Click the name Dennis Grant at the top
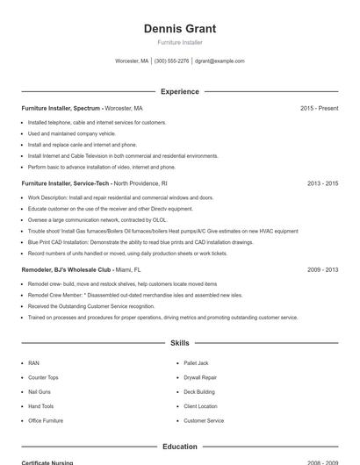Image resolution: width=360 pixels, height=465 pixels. pyautogui.click(x=179, y=28)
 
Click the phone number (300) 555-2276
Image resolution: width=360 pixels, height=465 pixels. pyautogui.click(x=171, y=61)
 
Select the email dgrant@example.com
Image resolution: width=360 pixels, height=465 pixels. pyautogui.click(x=220, y=61)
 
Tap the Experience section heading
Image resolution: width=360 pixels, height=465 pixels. pyautogui.click(x=179, y=91)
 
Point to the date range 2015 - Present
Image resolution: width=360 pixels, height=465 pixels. pyautogui.click(x=319, y=108)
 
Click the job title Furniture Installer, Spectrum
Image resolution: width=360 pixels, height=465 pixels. pyautogui.click(x=61, y=108)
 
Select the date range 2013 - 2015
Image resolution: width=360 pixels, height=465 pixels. pyautogui.click(x=322, y=183)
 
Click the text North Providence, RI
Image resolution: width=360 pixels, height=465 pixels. pyautogui.click(x=140, y=183)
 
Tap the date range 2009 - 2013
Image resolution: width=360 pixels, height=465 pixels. pyautogui.click(x=322, y=270)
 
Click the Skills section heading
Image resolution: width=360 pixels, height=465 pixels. pyautogui.click(x=179, y=343)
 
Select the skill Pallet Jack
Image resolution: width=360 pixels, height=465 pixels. pyautogui.click(x=196, y=362)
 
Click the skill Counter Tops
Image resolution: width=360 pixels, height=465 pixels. pyautogui.click(x=43, y=377)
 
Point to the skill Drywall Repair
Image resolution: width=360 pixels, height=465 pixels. pyautogui.click(x=200, y=377)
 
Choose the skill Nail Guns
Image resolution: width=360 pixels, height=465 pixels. pyautogui.click(x=40, y=391)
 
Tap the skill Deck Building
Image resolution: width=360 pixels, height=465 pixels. pyautogui.click(x=199, y=391)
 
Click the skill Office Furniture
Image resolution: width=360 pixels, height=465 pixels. pyautogui.click(x=46, y=420)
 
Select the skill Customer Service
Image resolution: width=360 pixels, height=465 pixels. pyautogui.click(x=204, y=420)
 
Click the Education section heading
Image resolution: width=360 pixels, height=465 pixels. pyautogui.click(x=179, y=447)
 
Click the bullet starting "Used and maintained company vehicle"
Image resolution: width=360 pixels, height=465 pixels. pyautogui.click(x=71, y=133)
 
